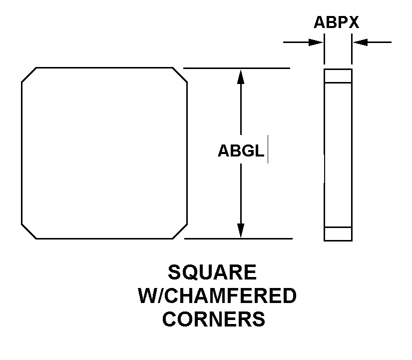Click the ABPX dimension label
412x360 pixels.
click(x=336, y=22)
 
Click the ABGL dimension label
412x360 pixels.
click(x=241, y=151)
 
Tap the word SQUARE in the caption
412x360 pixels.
click(x=212, y=272)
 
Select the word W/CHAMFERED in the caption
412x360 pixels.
click(x=217, y=295)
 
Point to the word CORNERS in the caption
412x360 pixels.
click(x=214, y=319)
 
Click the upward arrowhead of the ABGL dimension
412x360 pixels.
click(x=241, y=76)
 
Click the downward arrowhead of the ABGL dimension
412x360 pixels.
click(x=241, y=230)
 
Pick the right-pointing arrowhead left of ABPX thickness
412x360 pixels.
click(x=316, y=42)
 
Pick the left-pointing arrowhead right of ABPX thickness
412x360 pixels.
click(x=360, y=42)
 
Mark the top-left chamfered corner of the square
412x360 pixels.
click(x=28, y=74)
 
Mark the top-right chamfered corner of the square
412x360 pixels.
click(x=180, y=74)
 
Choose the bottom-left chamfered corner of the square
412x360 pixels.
click(x=28, y=231)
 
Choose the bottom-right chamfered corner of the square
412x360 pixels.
click(x=180, y=231)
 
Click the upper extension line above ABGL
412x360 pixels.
click(x=237, y=68)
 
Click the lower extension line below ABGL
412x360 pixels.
click(x=238, y=238)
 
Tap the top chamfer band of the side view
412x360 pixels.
click(x=338, y=76)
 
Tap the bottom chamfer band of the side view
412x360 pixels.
click(x=338, y=233)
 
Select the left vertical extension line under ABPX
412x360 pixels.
click(x=324, y=49)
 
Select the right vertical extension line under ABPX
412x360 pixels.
click(x=352, y=49)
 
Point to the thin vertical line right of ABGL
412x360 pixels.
click(x=268, y=149)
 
